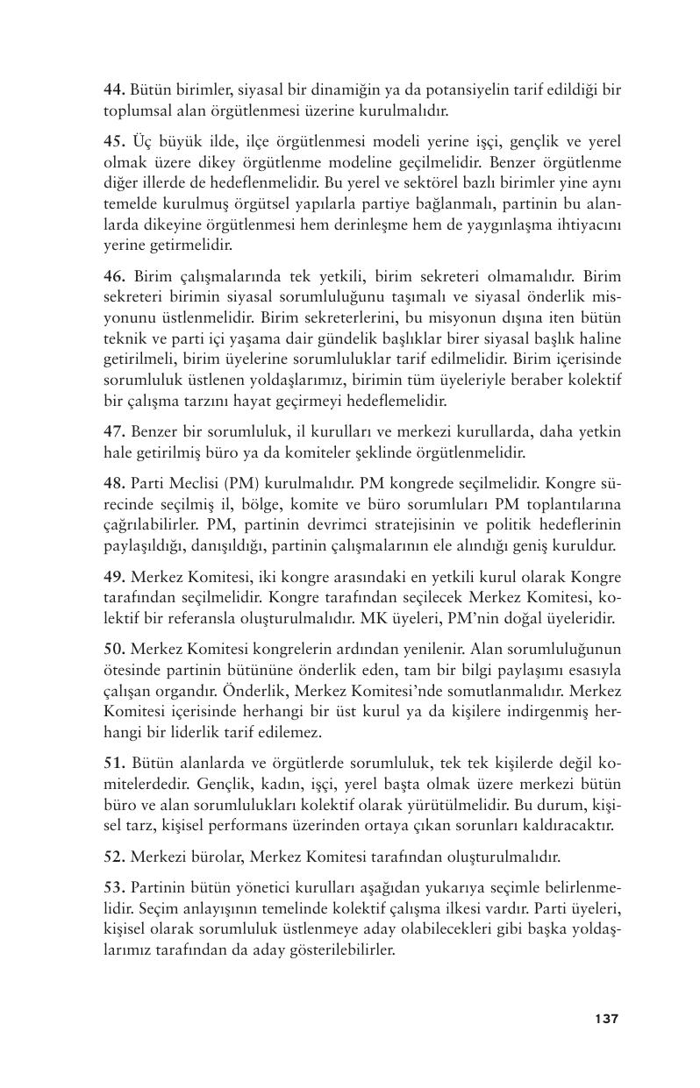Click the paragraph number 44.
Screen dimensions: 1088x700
click(x=115, y=89)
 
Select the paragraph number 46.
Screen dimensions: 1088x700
click(x=115, y=276)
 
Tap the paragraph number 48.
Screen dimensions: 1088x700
click(x=115, y=483)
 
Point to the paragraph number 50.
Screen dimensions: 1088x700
click(x=115, y=650)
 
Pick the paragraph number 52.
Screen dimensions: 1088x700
click(x=115, y=857)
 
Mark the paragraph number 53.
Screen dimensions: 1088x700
click(x=115, y=887)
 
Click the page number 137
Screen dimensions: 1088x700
click(x=606, y=1019)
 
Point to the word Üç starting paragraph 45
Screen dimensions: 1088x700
click(x=143, y=140)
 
